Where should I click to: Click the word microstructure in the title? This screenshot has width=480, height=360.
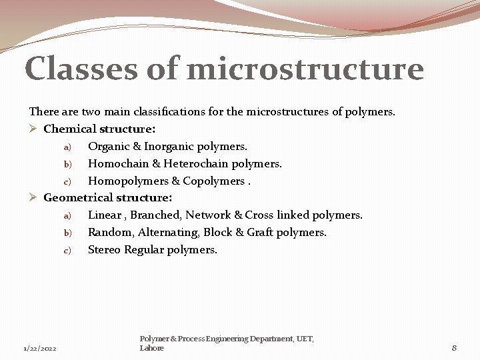[306, 69]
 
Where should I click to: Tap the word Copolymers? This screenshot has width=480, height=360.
[213, 181]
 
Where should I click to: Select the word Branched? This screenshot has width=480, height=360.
[155, 215]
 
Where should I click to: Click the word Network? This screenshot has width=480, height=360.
[207, 215]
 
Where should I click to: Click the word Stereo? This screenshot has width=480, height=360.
[105, 250]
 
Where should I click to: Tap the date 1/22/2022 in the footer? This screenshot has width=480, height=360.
[40, 349]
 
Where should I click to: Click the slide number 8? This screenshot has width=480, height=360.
[454, 347]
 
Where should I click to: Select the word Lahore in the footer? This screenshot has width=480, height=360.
[151, 348]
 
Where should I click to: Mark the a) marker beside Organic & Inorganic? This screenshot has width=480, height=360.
[67, 147]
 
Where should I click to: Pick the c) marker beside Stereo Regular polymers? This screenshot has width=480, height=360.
[67, 251]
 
